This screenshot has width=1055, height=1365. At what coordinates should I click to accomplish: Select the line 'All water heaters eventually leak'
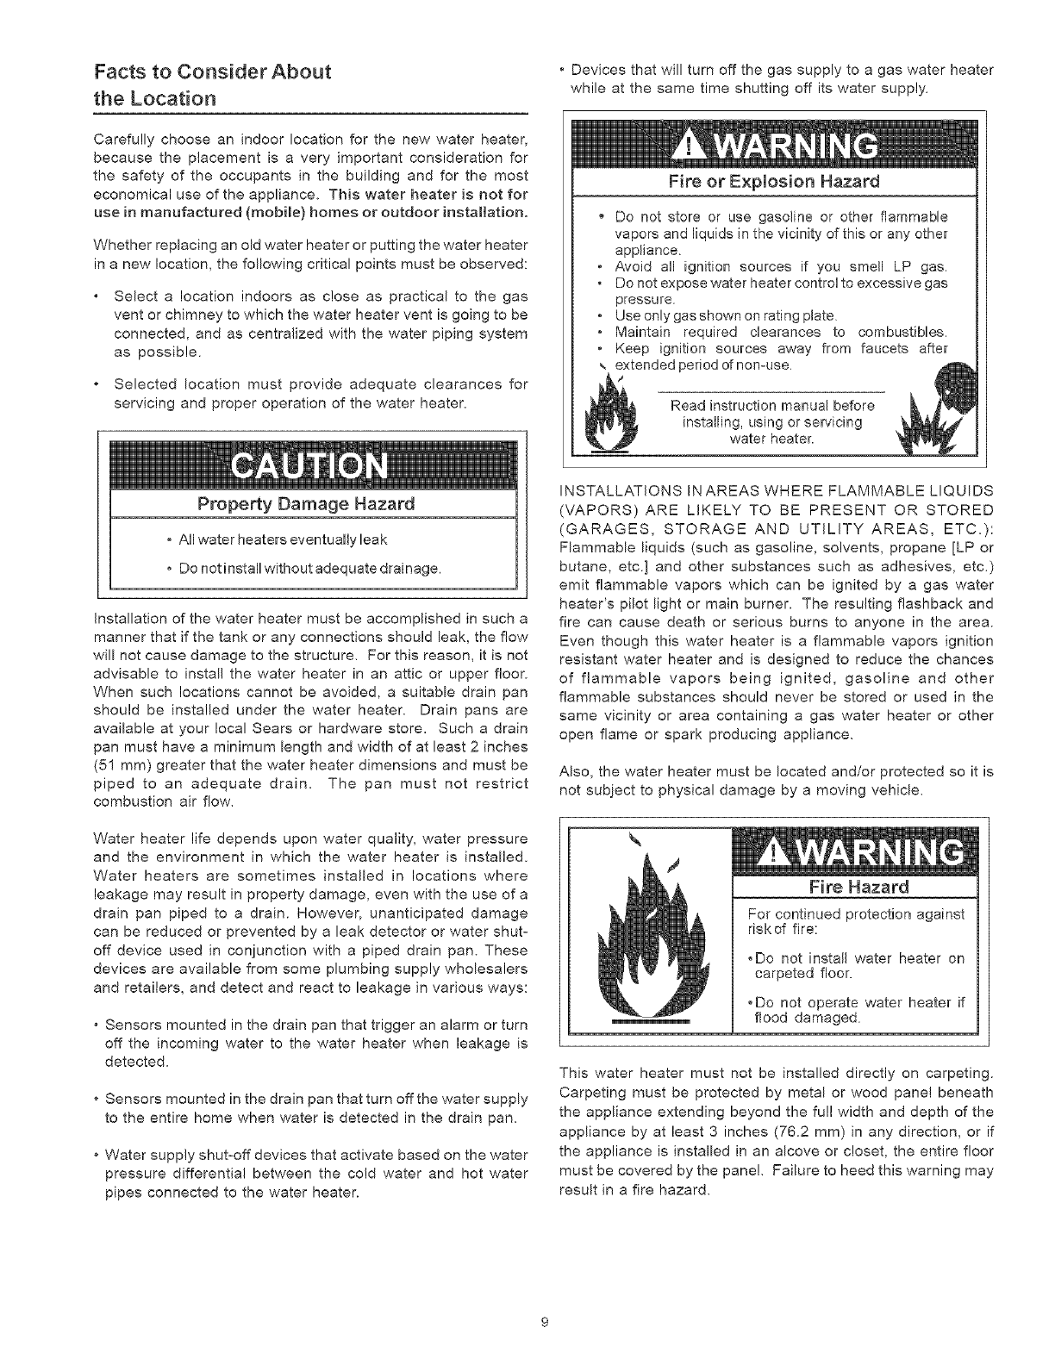click(x=283, y=540)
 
